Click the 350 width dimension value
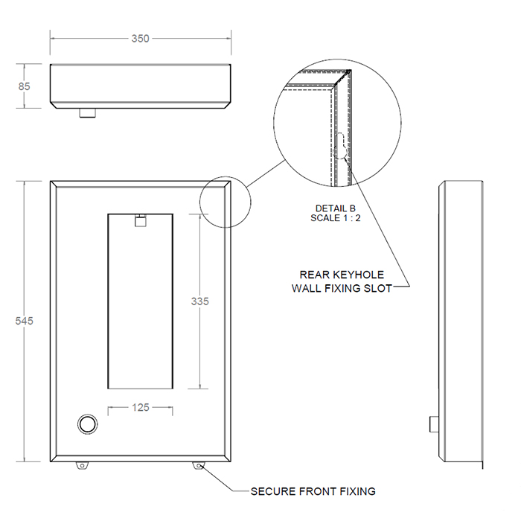pyautogui.click(x=140, y=39)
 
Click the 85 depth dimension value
pyautogui.click(x=25, y=86)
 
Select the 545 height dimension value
pyautogui.click(x=25, y=320)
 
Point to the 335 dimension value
pyautogui.click(x=199, y=301)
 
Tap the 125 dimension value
pyautogui.click(x=141, y=407)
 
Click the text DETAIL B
pyautogui.click(x=336, y=208)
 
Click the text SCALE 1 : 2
pyautogui.click(x=336, y=218)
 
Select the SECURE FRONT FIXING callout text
pyautogui.click(x=313, y=491)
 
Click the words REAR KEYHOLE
pyautogui.click(x=342, y=275)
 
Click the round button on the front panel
pyautogui.click(x=88, y=424)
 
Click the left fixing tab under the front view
pyautogui.click(x=81, y=465)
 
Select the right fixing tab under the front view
pyautogui.click(x=199, y=465)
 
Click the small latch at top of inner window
pyautogui.click(x=140, y=220)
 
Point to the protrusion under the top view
pyautogui.click(x=88, y=115)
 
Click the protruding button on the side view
pyautogui.click(x=433, y=423)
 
